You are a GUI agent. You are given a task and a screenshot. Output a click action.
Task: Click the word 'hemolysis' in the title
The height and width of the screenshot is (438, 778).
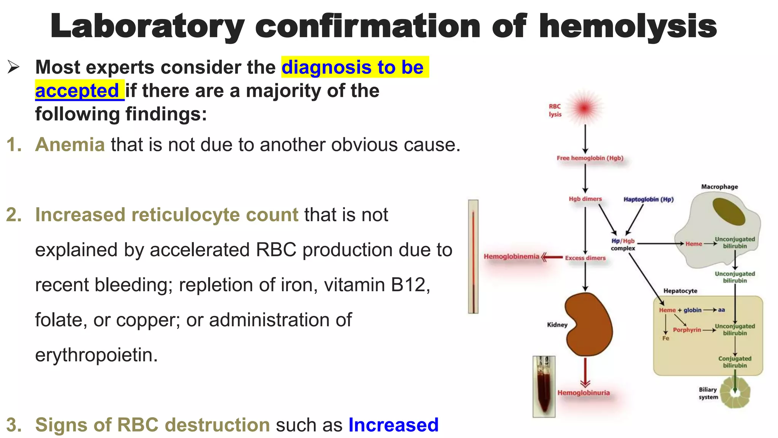click(628, 27)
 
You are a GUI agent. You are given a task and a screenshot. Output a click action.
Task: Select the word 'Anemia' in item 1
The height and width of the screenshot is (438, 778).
click(70, 145)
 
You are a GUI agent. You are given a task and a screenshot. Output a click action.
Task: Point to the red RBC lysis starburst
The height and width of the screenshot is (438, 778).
click(585, 108)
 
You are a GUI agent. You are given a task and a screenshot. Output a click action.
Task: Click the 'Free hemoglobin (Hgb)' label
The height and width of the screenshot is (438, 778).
click(590, 158)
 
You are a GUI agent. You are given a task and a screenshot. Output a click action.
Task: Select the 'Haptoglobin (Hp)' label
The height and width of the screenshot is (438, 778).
click(648, 199)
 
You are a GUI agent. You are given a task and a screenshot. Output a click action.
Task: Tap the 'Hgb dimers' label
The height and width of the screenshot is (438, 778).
click(585, 199)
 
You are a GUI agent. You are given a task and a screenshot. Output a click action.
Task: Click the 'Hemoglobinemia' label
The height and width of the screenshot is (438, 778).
click(511, 257)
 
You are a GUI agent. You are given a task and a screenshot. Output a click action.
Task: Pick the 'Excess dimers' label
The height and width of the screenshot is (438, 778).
click(585, 258)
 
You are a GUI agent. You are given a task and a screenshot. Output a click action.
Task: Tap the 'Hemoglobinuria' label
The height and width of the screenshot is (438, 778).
click(583, 393)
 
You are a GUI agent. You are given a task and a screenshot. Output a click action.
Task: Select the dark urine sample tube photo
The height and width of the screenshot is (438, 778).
click(544, 386)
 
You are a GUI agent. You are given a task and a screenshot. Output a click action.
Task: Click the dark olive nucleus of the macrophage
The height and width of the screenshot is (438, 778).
click(729, 212)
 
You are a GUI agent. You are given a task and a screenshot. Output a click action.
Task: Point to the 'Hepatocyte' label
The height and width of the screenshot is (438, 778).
click(680, 291)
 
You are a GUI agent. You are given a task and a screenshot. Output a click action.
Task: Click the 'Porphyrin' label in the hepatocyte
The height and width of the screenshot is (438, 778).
click(687, 330)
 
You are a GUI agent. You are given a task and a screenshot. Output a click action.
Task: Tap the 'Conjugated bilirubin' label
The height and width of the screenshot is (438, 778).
click(735, 362)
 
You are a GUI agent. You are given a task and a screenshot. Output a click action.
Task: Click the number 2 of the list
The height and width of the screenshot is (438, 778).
click(14, 215)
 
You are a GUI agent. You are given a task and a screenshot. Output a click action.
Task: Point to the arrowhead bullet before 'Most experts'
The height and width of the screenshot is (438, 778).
click(13, 67)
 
